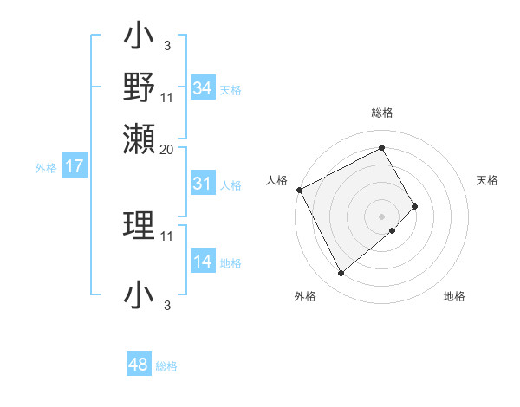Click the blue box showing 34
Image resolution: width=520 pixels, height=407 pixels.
pos(203,88)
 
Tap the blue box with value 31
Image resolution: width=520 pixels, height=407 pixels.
pos(203,184)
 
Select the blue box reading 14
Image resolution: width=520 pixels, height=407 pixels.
pos(203,262)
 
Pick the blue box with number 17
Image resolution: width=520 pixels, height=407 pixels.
pos(74,166)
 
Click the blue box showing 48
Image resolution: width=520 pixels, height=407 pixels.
pos(139,365)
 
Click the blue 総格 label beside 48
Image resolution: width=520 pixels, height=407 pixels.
pos(166,366)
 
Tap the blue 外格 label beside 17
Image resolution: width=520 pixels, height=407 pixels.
pos(46,168)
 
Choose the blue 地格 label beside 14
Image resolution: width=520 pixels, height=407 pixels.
pos(231,263)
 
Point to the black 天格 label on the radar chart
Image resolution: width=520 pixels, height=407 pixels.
pos(487,180)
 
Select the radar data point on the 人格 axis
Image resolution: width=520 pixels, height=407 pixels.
pos(299,190)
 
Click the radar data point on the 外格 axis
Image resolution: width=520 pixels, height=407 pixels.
pos(341,274)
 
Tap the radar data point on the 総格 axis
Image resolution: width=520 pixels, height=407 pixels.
pos(382,147)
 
